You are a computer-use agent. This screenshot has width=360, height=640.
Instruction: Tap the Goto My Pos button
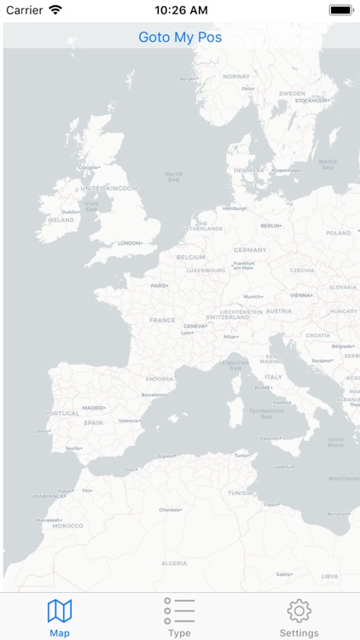click(x=180, y=38)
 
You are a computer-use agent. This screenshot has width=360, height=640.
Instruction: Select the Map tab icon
click(x=60, y=611)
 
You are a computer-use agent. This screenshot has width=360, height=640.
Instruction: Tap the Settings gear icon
click(x=299, y=611)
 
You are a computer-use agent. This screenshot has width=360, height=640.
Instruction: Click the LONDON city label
click(x=130, y=243)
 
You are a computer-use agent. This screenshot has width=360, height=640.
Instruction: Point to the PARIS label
click(x=159, y=286)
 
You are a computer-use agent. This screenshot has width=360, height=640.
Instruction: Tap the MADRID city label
click(x=94, y=408)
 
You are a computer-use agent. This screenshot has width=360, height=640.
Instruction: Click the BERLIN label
click(x=270, y=225)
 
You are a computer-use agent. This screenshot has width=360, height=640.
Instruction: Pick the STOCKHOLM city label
click(x=312, y=101)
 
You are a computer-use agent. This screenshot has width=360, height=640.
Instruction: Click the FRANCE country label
click(x=162, y=321)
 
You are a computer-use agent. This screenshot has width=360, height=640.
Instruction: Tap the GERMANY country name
click(x=250, y=250)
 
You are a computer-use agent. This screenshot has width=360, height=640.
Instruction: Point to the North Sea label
click(x=174, y=177)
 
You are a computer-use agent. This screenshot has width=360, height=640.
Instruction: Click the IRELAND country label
click(x=61, y=220)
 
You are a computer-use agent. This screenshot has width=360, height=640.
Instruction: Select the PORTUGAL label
click(x=61, y=414)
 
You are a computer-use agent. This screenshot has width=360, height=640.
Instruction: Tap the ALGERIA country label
click(x=174, y=563)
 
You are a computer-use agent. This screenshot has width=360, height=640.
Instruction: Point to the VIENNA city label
click(x=301, y=295)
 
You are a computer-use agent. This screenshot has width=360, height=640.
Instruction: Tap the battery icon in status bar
click(x=341, y=10)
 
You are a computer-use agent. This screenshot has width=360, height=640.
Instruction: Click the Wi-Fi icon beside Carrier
click(x=55, y=10)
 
